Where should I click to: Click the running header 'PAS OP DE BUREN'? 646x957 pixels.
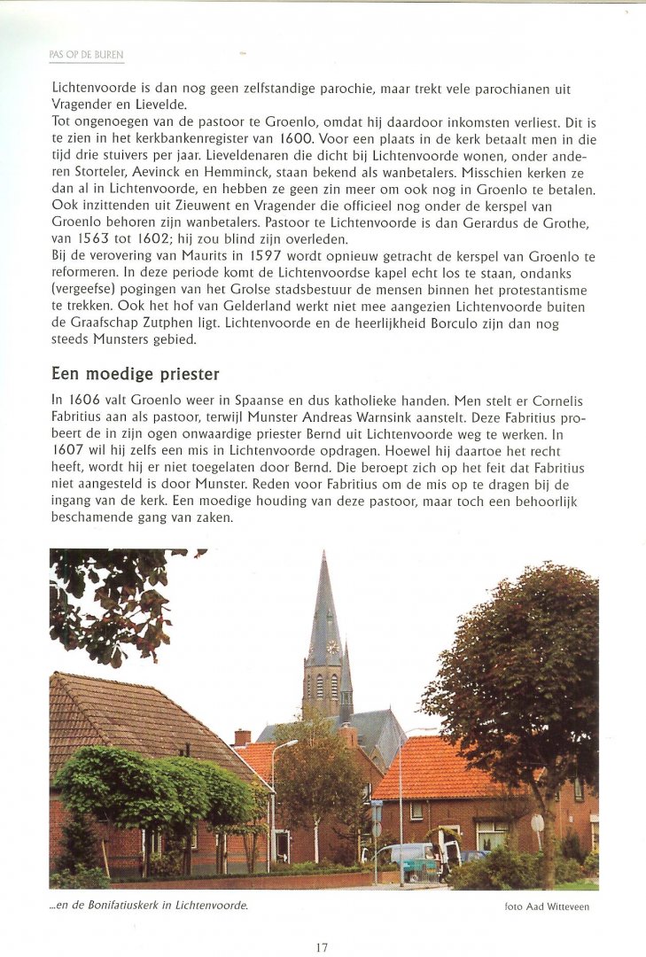click(x=86, y=55)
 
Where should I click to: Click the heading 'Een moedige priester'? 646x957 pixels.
click(x=136, y=374)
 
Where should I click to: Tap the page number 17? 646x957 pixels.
click(x=322, y=948)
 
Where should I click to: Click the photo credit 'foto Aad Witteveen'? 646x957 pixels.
click(x=547, y=906)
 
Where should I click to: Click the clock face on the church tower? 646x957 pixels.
click(x=332, y=647)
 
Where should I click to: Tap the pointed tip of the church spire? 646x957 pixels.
click(x=325, y=555)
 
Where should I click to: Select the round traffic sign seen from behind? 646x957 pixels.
click(x=537, y=822)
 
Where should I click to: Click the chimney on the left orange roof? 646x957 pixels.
click(x=242, y=737)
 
